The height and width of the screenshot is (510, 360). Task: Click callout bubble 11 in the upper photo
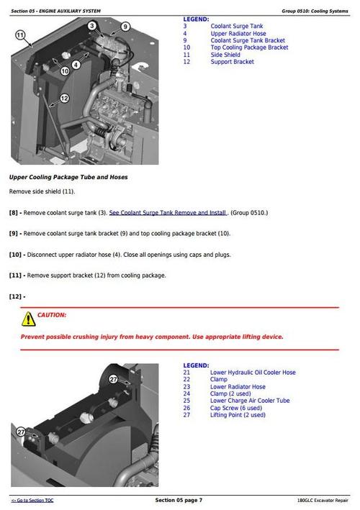pos(20,35)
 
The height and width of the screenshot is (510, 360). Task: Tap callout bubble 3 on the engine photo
pos(91,26)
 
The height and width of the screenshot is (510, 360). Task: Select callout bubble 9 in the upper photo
pos(125,27)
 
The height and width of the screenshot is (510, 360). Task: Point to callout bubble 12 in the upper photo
pos(64,98)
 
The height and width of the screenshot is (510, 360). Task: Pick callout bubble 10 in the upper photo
pos(65,70)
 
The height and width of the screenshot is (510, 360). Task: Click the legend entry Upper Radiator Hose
pos(238,33)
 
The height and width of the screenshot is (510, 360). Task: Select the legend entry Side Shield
pos(225,55)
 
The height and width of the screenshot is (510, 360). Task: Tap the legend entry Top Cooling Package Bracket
pos(249,47)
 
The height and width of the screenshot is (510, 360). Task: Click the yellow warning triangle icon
pos(28,318)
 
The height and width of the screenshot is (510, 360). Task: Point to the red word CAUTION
pos(52,315)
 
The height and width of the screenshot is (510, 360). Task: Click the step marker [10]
pos(17,255)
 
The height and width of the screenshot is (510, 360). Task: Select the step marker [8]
pos(16,213)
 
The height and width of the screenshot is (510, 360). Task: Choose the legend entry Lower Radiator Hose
pos(238,387)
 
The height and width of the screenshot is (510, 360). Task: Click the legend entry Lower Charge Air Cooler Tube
pos(250,401)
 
